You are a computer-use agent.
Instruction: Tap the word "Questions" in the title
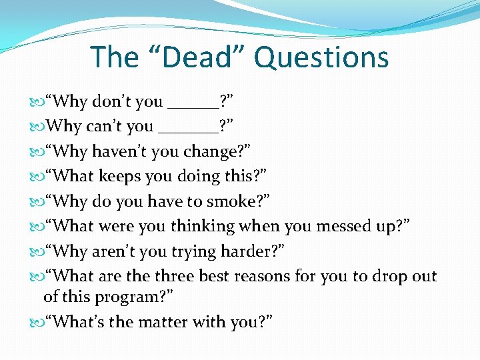coord(321,58)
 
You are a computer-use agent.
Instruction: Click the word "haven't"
coord(119,151)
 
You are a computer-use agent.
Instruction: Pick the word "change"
coord(210,152)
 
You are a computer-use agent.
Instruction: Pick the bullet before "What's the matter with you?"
coord(36,322)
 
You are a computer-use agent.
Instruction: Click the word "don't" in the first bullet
coord(127,102)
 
